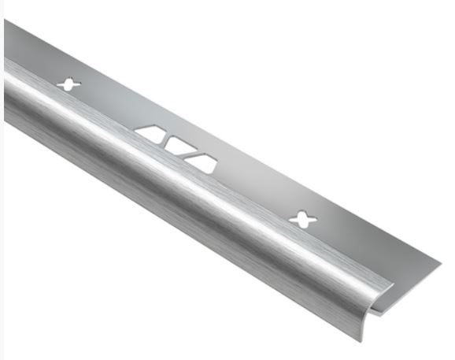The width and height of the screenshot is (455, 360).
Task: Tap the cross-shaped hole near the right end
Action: tap(300, 217)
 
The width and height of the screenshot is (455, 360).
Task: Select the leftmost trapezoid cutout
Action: tap(152, 132)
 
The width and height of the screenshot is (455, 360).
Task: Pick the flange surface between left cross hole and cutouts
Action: tap(110, 107)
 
